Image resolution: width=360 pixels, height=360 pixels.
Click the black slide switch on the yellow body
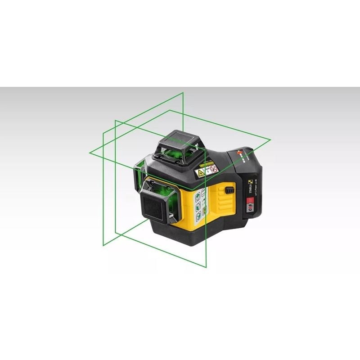point(229,190)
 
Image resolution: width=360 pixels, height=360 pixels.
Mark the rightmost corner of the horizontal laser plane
point(270,139)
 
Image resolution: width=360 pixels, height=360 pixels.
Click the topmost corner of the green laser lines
point(183,93)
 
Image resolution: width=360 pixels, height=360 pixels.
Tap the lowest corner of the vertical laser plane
point(206,267)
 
